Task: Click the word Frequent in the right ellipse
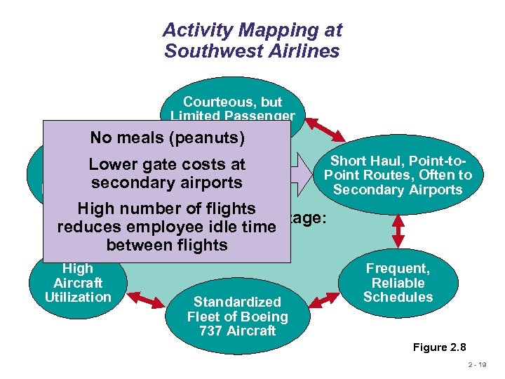point(398,268)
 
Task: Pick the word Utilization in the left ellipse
point(78,297)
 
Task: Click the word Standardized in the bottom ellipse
point(237,302)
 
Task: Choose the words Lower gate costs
point(167,165)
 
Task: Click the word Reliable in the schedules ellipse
point(398,283)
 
